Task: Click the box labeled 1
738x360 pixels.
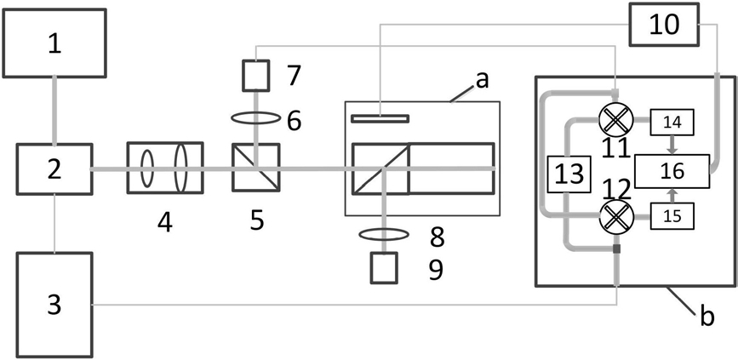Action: point(55,43)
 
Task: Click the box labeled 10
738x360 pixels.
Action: point(664,25)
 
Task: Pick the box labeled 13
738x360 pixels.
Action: point(569,174)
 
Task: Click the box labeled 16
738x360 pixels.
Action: point(672,170)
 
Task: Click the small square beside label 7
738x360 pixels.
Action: point(255,77)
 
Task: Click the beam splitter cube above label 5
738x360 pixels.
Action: point(255,169)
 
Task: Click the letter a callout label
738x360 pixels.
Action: point(483,81)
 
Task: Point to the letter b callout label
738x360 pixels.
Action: point(707,318)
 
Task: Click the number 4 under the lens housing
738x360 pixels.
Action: point(166,222)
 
